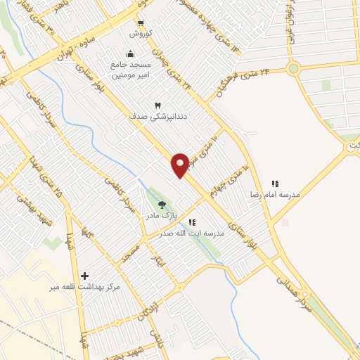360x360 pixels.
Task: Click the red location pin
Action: click(181, 164)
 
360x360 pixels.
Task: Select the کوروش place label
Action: click(139, 33)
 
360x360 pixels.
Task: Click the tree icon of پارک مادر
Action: click(162, 205)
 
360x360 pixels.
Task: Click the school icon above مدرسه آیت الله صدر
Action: click(192, 222)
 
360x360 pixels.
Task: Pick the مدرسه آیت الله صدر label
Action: click(191, 233)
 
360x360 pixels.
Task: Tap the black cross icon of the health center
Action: click(86, 276)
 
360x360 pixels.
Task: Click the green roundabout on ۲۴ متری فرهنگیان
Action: click(294, 68)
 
